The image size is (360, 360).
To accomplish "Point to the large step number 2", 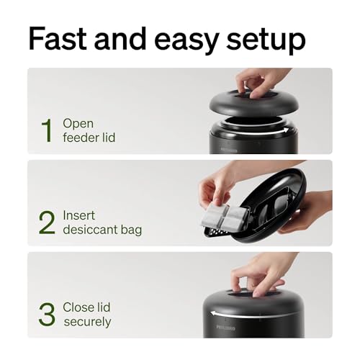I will (x=47, y=222).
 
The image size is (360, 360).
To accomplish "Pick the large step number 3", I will (x=47, y=315).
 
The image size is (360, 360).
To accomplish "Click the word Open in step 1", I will (x=78, y=123).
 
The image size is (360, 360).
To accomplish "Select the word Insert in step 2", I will (x=78, y=215).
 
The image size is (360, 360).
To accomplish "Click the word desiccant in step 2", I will (x=90, y=230).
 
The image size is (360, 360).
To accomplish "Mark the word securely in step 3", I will (x=87, y=322).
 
